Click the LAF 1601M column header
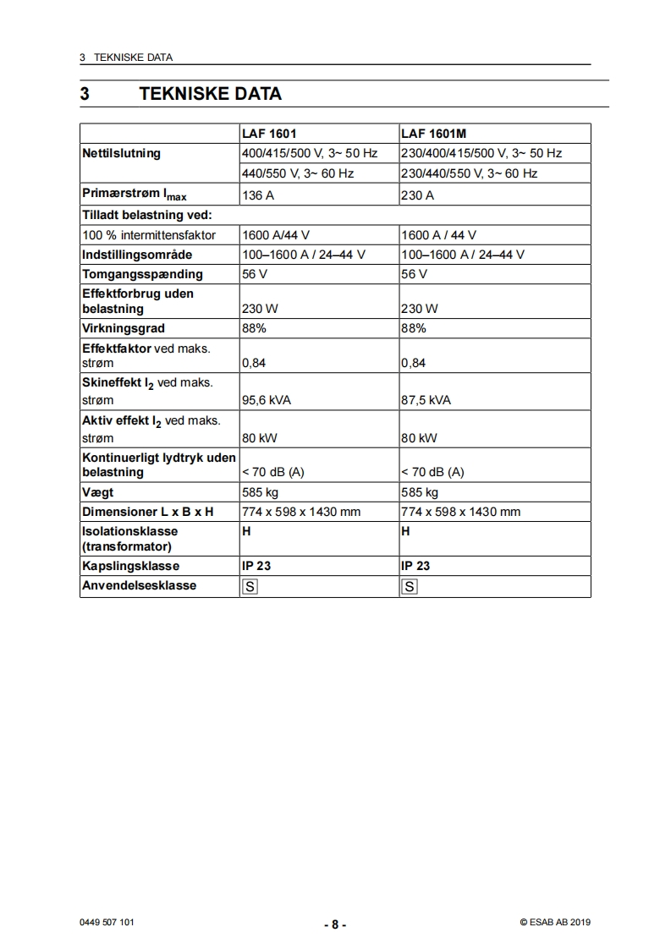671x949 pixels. (x=434, y=134)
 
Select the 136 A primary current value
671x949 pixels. (x=259, y=195)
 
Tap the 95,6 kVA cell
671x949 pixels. (x=267, y=400)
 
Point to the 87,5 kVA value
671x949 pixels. (x=426, y=400)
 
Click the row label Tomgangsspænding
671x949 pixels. (x=142, y=274)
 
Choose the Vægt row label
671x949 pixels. (x=97, y=492)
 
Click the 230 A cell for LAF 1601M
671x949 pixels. (x=417, y=195)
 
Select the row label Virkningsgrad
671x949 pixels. (x=124, y=328)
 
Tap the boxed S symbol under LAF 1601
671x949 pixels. (x=250, y=586)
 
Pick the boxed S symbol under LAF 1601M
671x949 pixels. (x=410, y=586)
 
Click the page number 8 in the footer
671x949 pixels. (x=335, y=924)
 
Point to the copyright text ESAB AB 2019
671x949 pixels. (x=555, y=923)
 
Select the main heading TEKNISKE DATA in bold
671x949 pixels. (x=210, y=94)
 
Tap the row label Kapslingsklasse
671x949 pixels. (x=130, y=566)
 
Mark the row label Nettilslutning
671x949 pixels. (x=121, y=154)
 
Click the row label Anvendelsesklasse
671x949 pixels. (x=139, y=585)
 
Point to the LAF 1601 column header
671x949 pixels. (x=269, y=134)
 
